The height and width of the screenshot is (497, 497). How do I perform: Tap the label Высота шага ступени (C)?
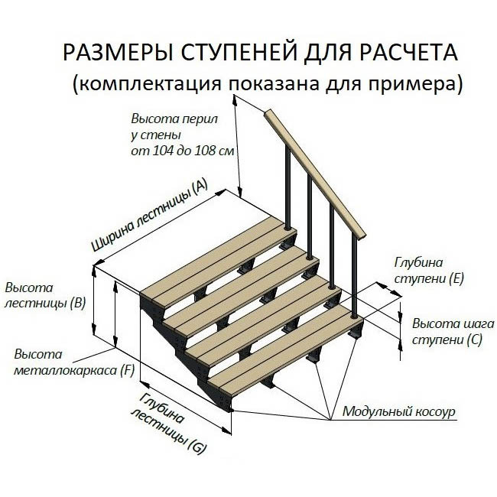click(447, 330)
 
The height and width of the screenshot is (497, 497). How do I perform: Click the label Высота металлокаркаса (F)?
click(74, 363)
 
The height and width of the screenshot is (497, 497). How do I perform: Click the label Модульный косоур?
click(398, 411)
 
